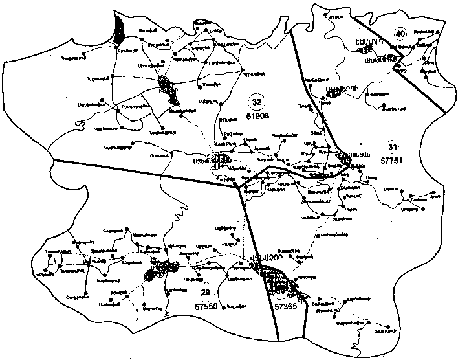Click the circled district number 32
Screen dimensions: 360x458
[257, 102]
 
